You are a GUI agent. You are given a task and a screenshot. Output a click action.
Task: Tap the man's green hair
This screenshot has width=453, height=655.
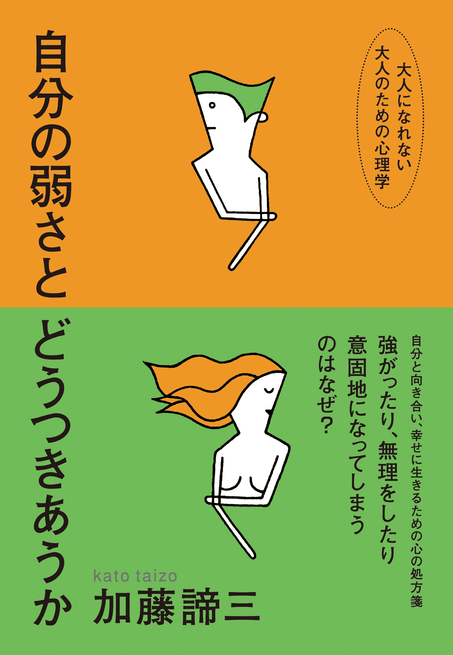(227, 85)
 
